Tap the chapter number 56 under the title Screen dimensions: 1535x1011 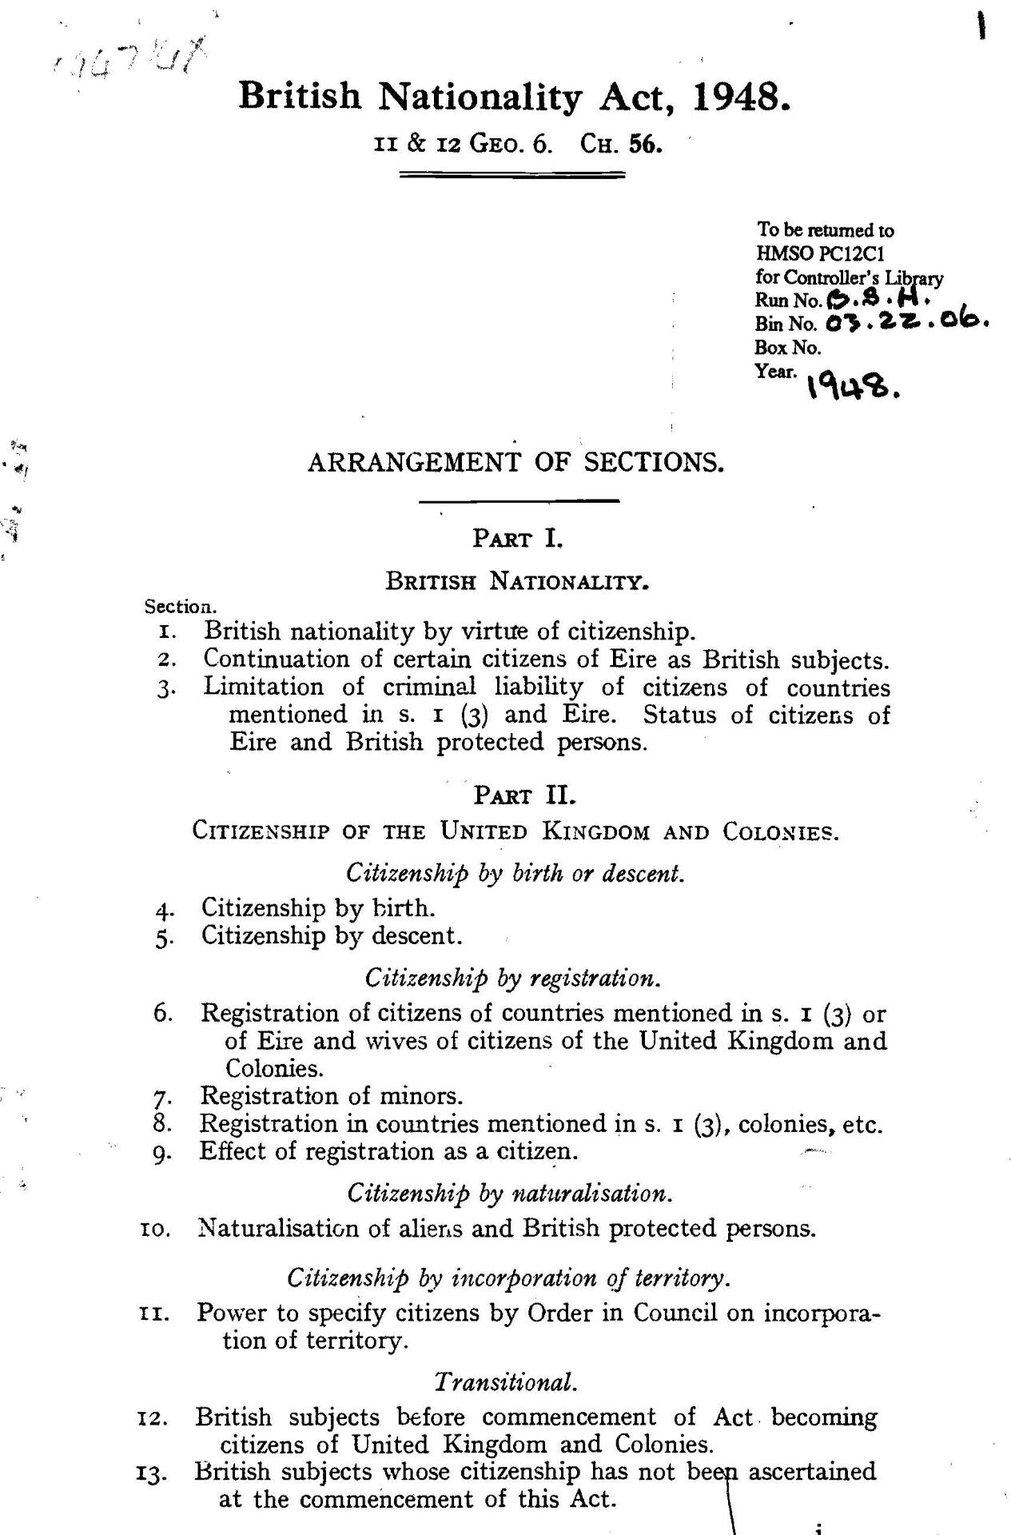click(x=646, y=146)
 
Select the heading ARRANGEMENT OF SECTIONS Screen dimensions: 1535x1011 click(x=515, y=463)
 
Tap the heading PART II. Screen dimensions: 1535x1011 click(x=524, y=795)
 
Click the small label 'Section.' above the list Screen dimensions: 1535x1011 click(x=180, y=607)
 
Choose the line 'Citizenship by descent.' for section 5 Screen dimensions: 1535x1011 click(x=332, y=935)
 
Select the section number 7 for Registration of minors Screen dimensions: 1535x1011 click(x=162, y=1096)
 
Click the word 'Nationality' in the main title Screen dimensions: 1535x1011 click(x=480, y=98)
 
